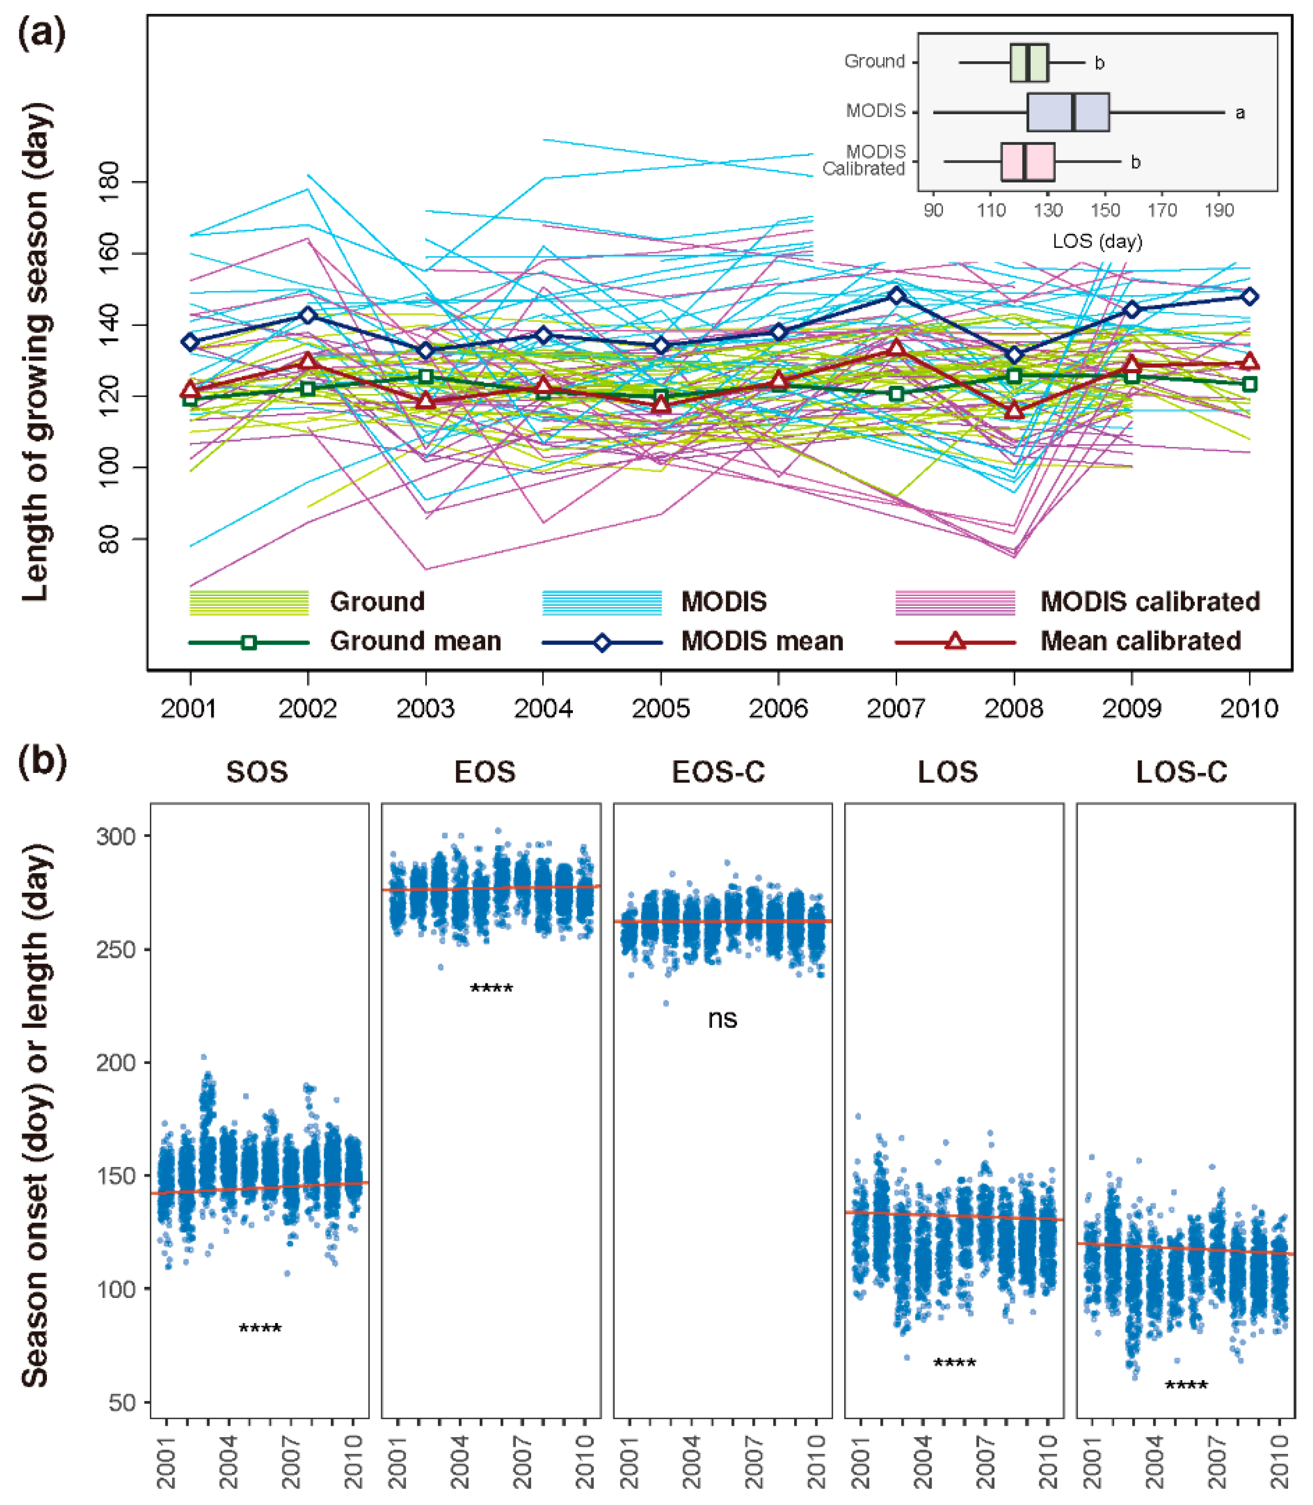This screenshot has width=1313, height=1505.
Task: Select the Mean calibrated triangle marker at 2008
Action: (x=1014, y=411)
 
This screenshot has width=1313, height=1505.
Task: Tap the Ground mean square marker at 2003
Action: (x=426, y=377)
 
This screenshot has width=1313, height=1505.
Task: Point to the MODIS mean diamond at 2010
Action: (x=1249, y=297)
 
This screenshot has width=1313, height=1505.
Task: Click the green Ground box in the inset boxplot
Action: (x=1029, y=63)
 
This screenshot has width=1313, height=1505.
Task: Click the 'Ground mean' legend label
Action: (x=415, y=641)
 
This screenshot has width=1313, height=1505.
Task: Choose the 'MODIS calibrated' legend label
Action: (x=1149, y=602)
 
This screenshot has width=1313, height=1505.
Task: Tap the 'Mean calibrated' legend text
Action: (x=1140, y=641)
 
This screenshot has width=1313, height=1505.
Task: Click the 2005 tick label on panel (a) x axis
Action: (x=661, y=709)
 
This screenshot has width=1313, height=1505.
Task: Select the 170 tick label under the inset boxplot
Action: (x=1162, y=211)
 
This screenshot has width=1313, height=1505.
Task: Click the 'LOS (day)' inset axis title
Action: (x=1097, y=241)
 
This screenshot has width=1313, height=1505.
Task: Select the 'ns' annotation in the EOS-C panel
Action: (x=722, y=1019)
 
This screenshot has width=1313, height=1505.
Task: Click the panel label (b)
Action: (x=42, y=762)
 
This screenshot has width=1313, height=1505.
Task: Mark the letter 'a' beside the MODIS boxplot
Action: (x=1240, y=113)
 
